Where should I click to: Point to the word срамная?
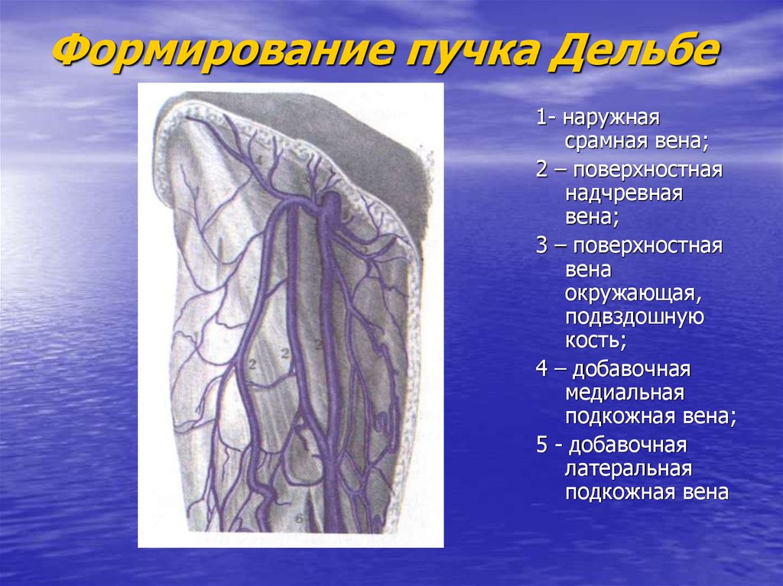click(602, 142)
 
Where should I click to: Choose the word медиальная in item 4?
click(624, 393)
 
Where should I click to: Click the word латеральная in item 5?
click(629, 468)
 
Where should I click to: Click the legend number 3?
click(541, 247)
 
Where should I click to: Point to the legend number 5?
click(541, 445)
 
